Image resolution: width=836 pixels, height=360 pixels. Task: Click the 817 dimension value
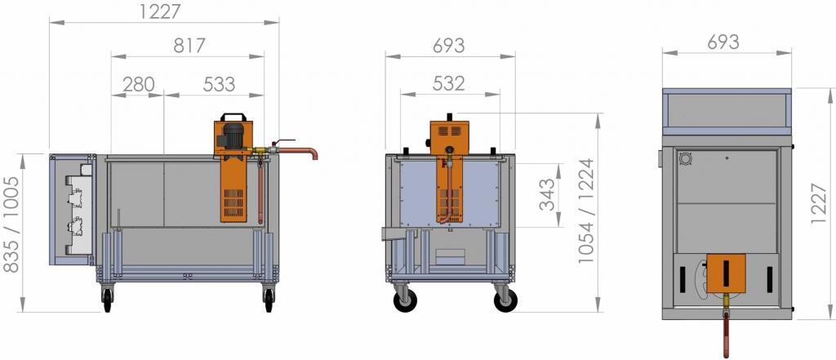coord(189,46)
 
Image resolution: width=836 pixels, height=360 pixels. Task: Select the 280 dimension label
coord(139,84)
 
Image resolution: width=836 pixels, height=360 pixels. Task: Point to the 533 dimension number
coord(219,84)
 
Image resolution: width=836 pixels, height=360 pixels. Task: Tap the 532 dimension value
coord(449,83)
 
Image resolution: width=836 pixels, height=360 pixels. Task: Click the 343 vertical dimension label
coord(547,194)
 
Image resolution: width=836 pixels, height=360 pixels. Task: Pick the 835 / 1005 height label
coord(11,224)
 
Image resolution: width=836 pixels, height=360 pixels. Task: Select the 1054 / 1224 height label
coord(585,211)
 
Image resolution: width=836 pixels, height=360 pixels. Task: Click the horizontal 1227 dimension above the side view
coord(161,11)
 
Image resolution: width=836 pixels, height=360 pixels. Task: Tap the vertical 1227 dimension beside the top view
coord(819,203)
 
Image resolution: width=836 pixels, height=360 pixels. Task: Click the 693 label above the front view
coord(448,46)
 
